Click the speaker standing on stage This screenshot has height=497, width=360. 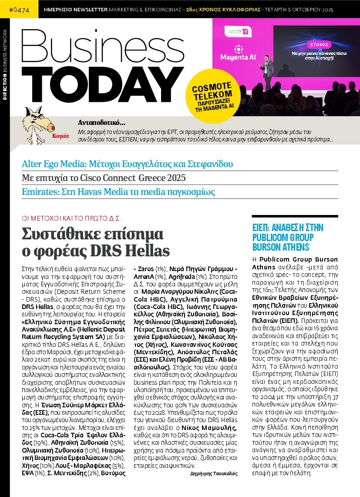269,70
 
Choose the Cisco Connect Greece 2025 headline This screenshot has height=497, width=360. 104,178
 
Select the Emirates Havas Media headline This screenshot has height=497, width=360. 118,192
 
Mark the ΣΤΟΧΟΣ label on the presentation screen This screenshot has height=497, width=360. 320,44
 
